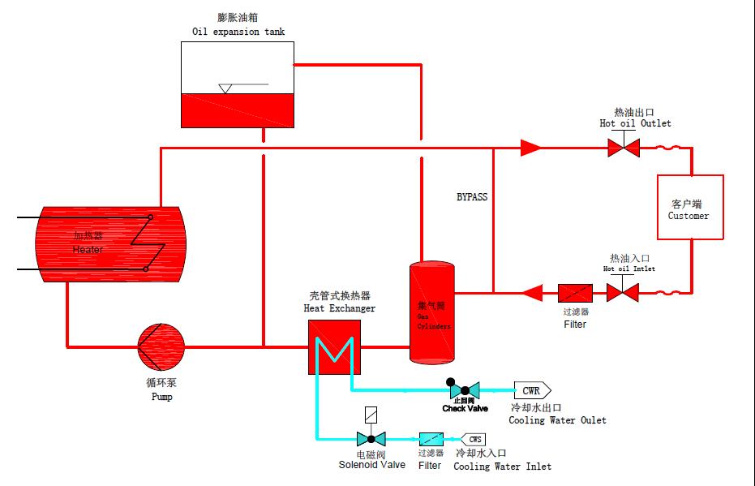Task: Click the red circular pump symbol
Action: click(161, 347)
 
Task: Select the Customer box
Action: click(689, 207)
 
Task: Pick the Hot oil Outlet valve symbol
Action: click(624, 148)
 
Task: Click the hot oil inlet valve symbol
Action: click(624, 292)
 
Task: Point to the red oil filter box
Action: click(576, 292)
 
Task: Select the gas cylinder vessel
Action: click(431, 311)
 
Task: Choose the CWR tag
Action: click(532, 389)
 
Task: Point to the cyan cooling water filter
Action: click(431, 439)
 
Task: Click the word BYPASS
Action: click(471, 197)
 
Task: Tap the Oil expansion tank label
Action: click(238, 32)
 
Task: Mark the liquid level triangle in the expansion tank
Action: click(226, 88)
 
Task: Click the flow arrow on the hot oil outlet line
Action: click(530, 148)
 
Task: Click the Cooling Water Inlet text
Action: click(502, 467)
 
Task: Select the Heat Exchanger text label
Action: click(339, 308)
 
